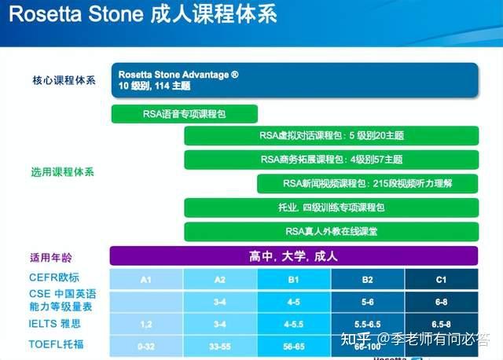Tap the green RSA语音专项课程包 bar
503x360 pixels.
point(185,114)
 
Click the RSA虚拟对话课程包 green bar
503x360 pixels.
point(331,136)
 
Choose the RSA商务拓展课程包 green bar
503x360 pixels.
point(331,160)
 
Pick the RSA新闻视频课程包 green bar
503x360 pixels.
point(367,184)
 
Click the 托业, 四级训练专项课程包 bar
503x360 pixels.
point(331,208)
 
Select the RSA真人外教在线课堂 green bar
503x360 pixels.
point(331,232)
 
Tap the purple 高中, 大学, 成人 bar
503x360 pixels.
point(293,256)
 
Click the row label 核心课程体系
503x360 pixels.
point(64,80)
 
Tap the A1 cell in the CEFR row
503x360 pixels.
point(145,279)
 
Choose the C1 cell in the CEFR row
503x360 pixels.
point(441,279)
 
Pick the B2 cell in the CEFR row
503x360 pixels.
point(367,279)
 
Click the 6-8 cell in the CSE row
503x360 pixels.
point(441,301)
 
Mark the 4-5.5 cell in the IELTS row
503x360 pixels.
point(293,323)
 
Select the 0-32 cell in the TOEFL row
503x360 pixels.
point(145,344)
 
